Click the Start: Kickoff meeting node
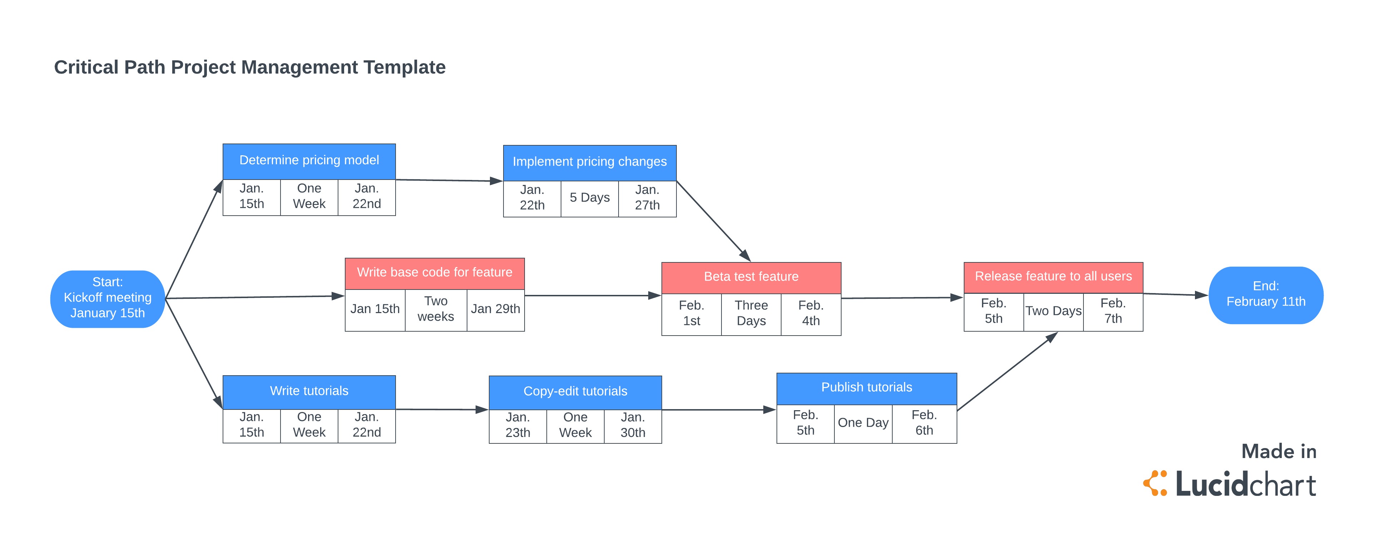(x=107, y=298)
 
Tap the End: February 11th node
(x=1265, y=295)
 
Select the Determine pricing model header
(x=309, y=161)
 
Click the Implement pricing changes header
(x=589, y=162)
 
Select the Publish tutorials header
(x=866, y=388)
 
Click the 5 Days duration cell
(x=589, y=198)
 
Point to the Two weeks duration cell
(x=436, y=309)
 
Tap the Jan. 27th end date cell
(x=647, y=198)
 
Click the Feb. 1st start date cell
(x=691, y=313)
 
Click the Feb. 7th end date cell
(x=1113, y=311)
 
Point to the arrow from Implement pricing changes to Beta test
(x=713, y=221)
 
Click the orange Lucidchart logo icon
(x=1155, y=483)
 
